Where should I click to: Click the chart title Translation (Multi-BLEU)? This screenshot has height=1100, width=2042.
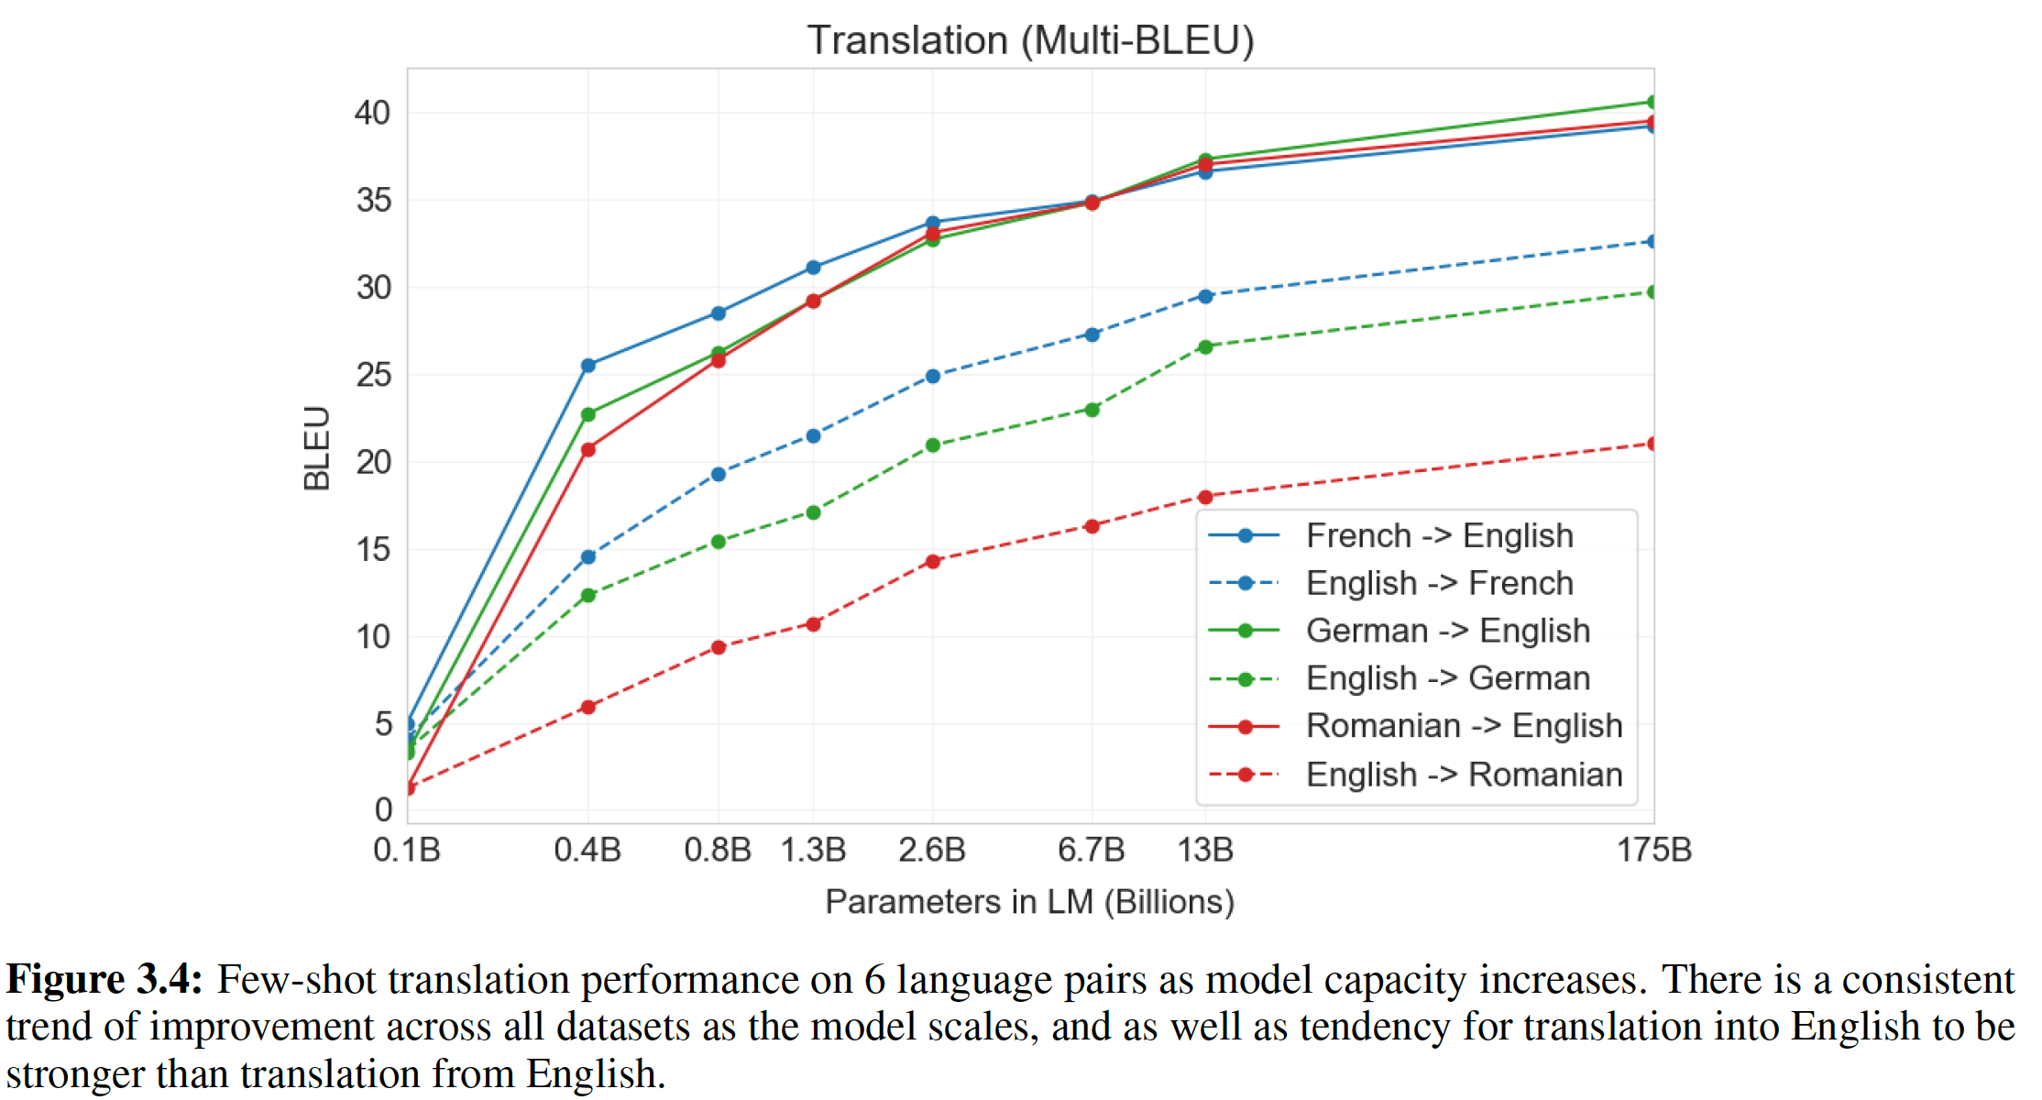click(x=1030, y=40)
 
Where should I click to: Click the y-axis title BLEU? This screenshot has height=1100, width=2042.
click(x=317, y=448)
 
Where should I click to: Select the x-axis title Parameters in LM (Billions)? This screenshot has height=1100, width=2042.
click(x=1029, y=902)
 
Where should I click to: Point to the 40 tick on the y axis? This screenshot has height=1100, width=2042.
click(x=373, y=113)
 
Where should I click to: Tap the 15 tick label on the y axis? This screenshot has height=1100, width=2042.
click(x=373, y=550)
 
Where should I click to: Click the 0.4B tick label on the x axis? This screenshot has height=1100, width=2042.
click(x=587, y=851)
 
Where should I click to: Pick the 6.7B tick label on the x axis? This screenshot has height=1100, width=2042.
click(x=1091, y=851)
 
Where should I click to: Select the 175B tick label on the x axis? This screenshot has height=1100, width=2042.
click(x=1653, y=851)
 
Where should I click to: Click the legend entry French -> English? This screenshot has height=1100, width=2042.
click(x=1439, y=536)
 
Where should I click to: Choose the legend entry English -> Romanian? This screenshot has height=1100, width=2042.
click(x=1464, y=775)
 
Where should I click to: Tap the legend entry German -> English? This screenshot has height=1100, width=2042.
click(x=1447, y=631)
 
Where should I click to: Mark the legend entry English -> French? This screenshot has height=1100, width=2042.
click(x=1439, y=584)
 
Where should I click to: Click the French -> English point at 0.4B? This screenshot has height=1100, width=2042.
click(x=588, y=366)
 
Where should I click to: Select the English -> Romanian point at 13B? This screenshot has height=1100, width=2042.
click(x=1205, y=497)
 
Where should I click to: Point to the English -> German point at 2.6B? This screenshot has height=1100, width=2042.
click(x=933, y=445)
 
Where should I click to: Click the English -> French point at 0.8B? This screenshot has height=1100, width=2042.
click(x=719, y=474)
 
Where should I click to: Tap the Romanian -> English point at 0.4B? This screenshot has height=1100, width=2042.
click(x=588, y=449)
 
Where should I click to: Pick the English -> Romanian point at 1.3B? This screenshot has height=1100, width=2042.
click(x=813, y=624)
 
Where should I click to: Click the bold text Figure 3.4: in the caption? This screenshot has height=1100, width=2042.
click(x=104, y=979)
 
